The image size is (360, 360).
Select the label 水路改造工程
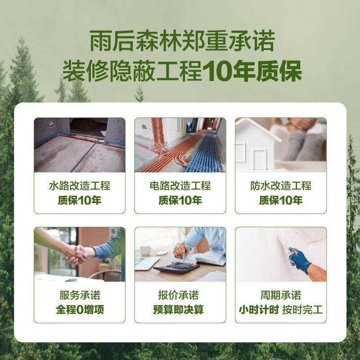(x=80, y=186)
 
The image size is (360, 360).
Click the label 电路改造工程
(x=180, y=186)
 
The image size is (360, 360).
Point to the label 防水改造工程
(x=281, y=186)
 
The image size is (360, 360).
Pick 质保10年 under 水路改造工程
(x=80, y=200)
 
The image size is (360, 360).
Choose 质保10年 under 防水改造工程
(x=281, y=200)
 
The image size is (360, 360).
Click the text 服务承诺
(x=80, y=296)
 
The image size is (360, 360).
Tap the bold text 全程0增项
(x=80, y=310)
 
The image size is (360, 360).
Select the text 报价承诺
(x=180, y=296)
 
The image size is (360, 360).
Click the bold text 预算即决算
(x=180, y=310)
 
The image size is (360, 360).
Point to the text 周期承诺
(x=281, y=296)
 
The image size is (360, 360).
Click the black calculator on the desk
(x=176, y=268)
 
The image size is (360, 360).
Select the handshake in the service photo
(x=76, y=254)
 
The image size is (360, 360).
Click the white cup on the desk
(x=144, y=251)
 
